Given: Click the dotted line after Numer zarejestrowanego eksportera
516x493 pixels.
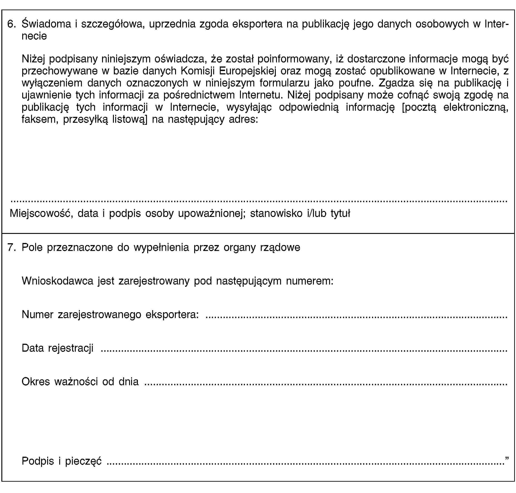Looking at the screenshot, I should coord(356,318).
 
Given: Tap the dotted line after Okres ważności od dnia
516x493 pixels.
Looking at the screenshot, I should coord(326,385).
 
